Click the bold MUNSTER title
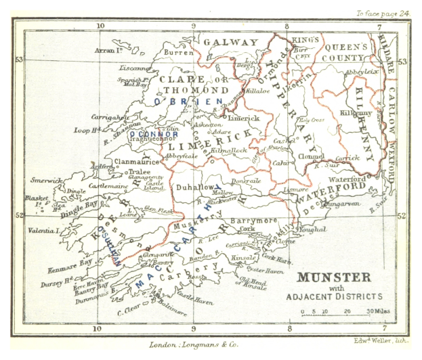click(333, 277)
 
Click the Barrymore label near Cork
click(251, 221)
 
